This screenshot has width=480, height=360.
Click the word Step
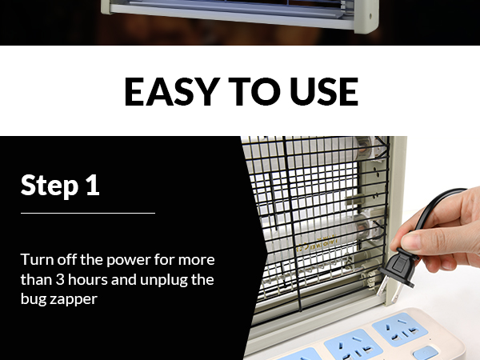(x=49, y=185)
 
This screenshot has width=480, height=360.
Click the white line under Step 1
(x=87, y=214)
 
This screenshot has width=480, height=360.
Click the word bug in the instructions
(x=33, y=300)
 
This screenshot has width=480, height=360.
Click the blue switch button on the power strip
(x=426, y=353)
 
